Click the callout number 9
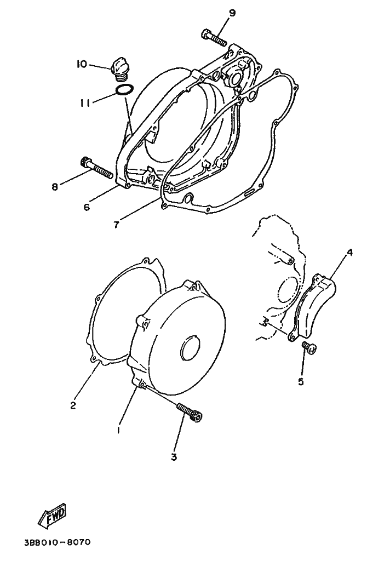[x=232, y=13]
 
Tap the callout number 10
[x=81, y=64]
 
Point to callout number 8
[x=55, y=186]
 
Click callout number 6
[x=87, y=207]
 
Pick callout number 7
[x=116, y=225]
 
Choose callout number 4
[x=349, y=253]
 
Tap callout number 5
[x=301, y=381]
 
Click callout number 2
[x=73, y=405]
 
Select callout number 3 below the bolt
[x=174, y=457]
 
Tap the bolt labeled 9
[x=214, y=38]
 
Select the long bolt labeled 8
[x=96, y=168]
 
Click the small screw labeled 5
[x=309, y=347]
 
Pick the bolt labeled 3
[x=190, y=411]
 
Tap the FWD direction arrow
[x=53, y=515]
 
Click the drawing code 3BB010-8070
[x=57, y=542]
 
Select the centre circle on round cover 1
[x=193, y=346]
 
